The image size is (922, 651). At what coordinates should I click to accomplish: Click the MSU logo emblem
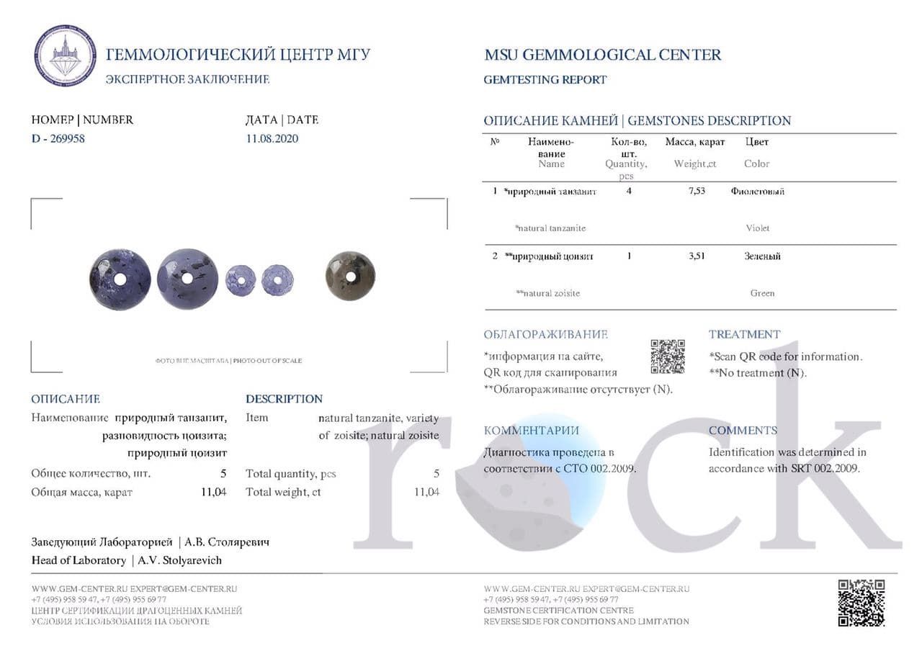(x=65, y=55)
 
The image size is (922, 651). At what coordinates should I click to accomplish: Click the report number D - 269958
(x=58, y=138)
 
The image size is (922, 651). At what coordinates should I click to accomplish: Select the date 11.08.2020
(x=272, y=138)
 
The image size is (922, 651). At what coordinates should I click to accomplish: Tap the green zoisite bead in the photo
(x=350, y=276)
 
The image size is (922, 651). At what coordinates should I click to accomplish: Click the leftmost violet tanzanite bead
(x=120, y=279)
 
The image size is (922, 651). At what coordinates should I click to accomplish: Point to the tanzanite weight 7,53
(x=696, y=191)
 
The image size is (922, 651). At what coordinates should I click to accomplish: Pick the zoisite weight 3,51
(x=696, y=256)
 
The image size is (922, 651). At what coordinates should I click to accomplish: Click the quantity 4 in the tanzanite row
(x=629, y=191)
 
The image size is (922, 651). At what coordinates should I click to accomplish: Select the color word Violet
(x=757, y=228)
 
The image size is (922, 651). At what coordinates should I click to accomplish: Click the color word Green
(x=762, y=293)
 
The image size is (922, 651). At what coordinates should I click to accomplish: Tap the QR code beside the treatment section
(x=668, y=356)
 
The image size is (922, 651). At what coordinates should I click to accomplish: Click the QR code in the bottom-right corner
(x=861, y=603)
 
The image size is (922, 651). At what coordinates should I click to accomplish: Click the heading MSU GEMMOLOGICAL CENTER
(x=602, y=55)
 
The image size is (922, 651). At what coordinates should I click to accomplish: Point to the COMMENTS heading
(x=743, y=431)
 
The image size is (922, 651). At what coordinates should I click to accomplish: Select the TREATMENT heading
(x=744, y=334)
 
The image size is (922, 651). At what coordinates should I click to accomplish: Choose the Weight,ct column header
(x=694, y=163)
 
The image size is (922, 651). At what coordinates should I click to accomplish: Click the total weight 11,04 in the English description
(x=426, y=492)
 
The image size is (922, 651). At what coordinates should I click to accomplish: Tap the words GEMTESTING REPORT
(x=545, y=80)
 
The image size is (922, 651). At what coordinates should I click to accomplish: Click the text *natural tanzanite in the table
(x=550, y=228)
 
